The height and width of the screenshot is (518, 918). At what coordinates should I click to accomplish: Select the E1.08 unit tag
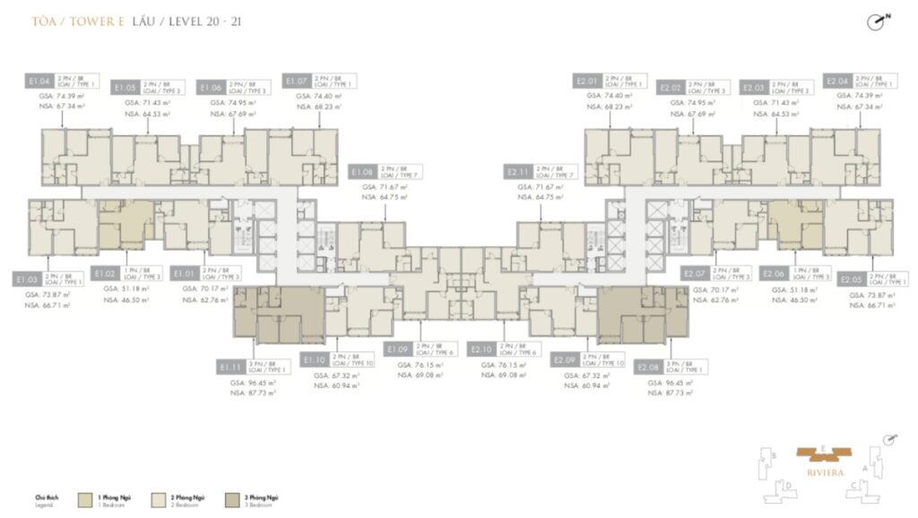pyautogui.click(x=363, y=170)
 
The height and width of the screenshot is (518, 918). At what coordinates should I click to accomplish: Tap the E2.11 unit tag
pyautogui.click(x=519, y=170)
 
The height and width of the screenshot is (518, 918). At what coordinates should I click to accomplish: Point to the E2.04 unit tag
pyautogui.click(x=838, y=81)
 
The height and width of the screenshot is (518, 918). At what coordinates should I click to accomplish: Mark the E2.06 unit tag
pyautogui.click(x=775, y=272)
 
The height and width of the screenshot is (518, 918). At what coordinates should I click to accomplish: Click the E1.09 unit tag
pyautogui.click(x=398, y=349)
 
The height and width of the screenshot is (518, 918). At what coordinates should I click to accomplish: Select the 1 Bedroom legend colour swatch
pyautogui.click(x=85, y=499)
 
